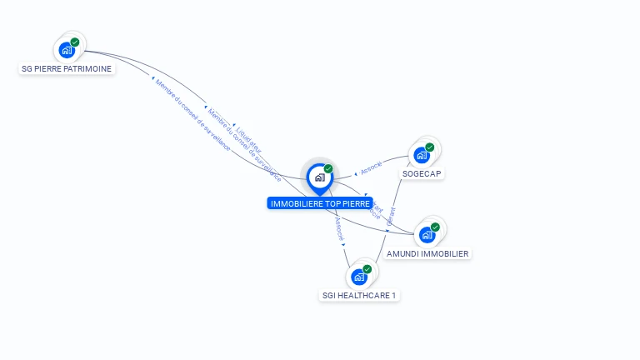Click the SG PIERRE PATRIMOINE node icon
point(67,50)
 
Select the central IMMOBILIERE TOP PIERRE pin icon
point(319,177)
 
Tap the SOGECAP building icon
point(422,155)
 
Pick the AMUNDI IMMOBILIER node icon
point(427,234)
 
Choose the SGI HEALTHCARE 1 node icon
point(359,277)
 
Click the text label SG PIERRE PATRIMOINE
point(67,69)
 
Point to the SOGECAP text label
point(422,174)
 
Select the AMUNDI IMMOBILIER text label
point(427,253)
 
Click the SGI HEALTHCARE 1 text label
point(360,295)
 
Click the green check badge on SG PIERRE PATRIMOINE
point(75,42)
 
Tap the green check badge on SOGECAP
point(430,147)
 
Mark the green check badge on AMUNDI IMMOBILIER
point(435,227)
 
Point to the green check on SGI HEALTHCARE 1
point(367,269)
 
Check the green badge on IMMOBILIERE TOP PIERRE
point(328,169)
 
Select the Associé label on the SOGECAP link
point(371,167)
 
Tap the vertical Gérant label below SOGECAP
point(392,216)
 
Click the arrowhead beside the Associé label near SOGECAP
point(356,173)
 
